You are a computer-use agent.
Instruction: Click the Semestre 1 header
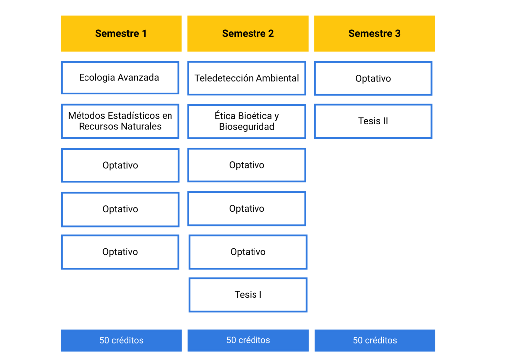(x=121, y=33)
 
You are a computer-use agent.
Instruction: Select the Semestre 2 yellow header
(x=248, y=33)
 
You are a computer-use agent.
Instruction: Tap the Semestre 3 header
(x=375, y=33)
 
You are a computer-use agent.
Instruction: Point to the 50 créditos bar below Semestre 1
(x=121, y=340)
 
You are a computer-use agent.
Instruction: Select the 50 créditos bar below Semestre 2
(x=248, y=340)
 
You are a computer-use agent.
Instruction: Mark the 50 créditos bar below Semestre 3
(x=375, y=340)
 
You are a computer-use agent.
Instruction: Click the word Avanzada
(x=138, y=77)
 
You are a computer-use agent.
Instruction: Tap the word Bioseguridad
(x=247, y=127)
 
